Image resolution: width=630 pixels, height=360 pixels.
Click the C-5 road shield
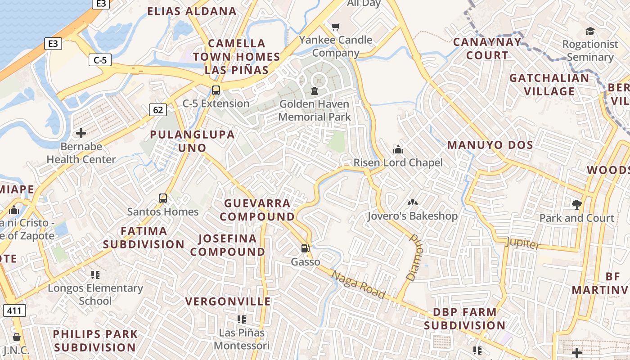(x=100, y=59)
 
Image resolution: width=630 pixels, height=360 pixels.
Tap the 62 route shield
(x=157, y=109)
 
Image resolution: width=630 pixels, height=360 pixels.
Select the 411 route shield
(x=14, y=310)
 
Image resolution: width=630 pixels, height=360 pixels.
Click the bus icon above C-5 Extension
(x=216, y=90)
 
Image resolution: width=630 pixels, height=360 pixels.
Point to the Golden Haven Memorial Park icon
(x=314, y=91)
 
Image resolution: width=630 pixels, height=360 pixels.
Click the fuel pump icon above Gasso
(x=305, y=248)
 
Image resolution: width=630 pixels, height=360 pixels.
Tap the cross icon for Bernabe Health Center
(x=81, y=133)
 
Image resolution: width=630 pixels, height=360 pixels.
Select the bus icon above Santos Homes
(x=163, y=198)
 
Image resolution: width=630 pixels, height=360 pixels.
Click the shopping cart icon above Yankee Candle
(x=335, y=27)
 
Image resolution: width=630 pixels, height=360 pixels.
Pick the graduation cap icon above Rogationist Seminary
(x=589, y=31)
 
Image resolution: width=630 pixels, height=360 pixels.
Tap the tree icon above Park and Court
(x=576, y=205)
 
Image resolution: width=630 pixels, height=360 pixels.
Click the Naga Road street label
(x=359, y=284)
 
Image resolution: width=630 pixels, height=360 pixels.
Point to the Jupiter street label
(x=522, y=243)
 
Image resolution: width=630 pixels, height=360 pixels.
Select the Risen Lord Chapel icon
(x=398, y=149)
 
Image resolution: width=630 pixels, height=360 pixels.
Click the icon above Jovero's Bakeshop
(x=412, y=203)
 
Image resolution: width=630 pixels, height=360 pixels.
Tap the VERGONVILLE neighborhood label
(x=228, y=301)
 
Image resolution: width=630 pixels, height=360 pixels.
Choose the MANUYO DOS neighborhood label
(x=490, y=145)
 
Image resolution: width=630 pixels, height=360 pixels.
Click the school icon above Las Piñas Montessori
(x=242, y=319)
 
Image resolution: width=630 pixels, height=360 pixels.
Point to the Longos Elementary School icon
(x=95, y=274)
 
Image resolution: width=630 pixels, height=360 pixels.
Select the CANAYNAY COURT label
(x=487, y=49)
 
